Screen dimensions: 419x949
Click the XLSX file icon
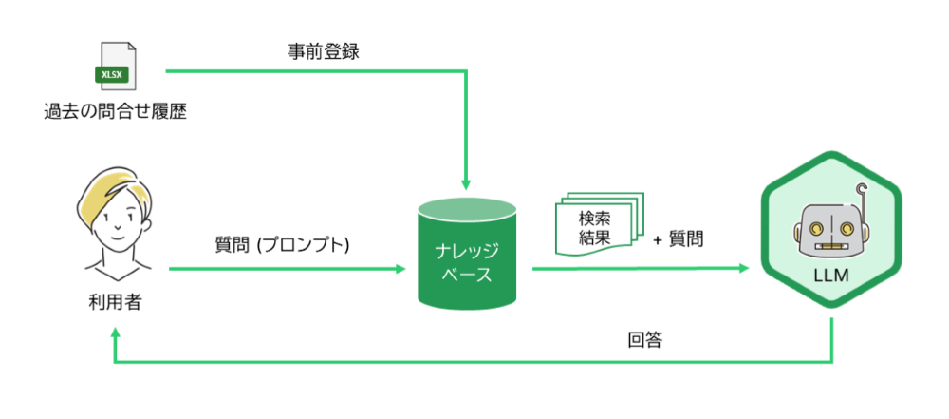pos(117,66)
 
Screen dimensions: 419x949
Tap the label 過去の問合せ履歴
pos(115,112)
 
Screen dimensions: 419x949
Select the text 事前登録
pos(324,50)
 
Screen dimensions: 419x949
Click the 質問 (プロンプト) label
pos(283,244)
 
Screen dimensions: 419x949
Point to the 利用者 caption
pos(114,303)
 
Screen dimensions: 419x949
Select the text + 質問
pos(678,239)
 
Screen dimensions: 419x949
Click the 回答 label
pos(644,339)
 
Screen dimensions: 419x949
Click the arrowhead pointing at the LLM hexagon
pos(746,269)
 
